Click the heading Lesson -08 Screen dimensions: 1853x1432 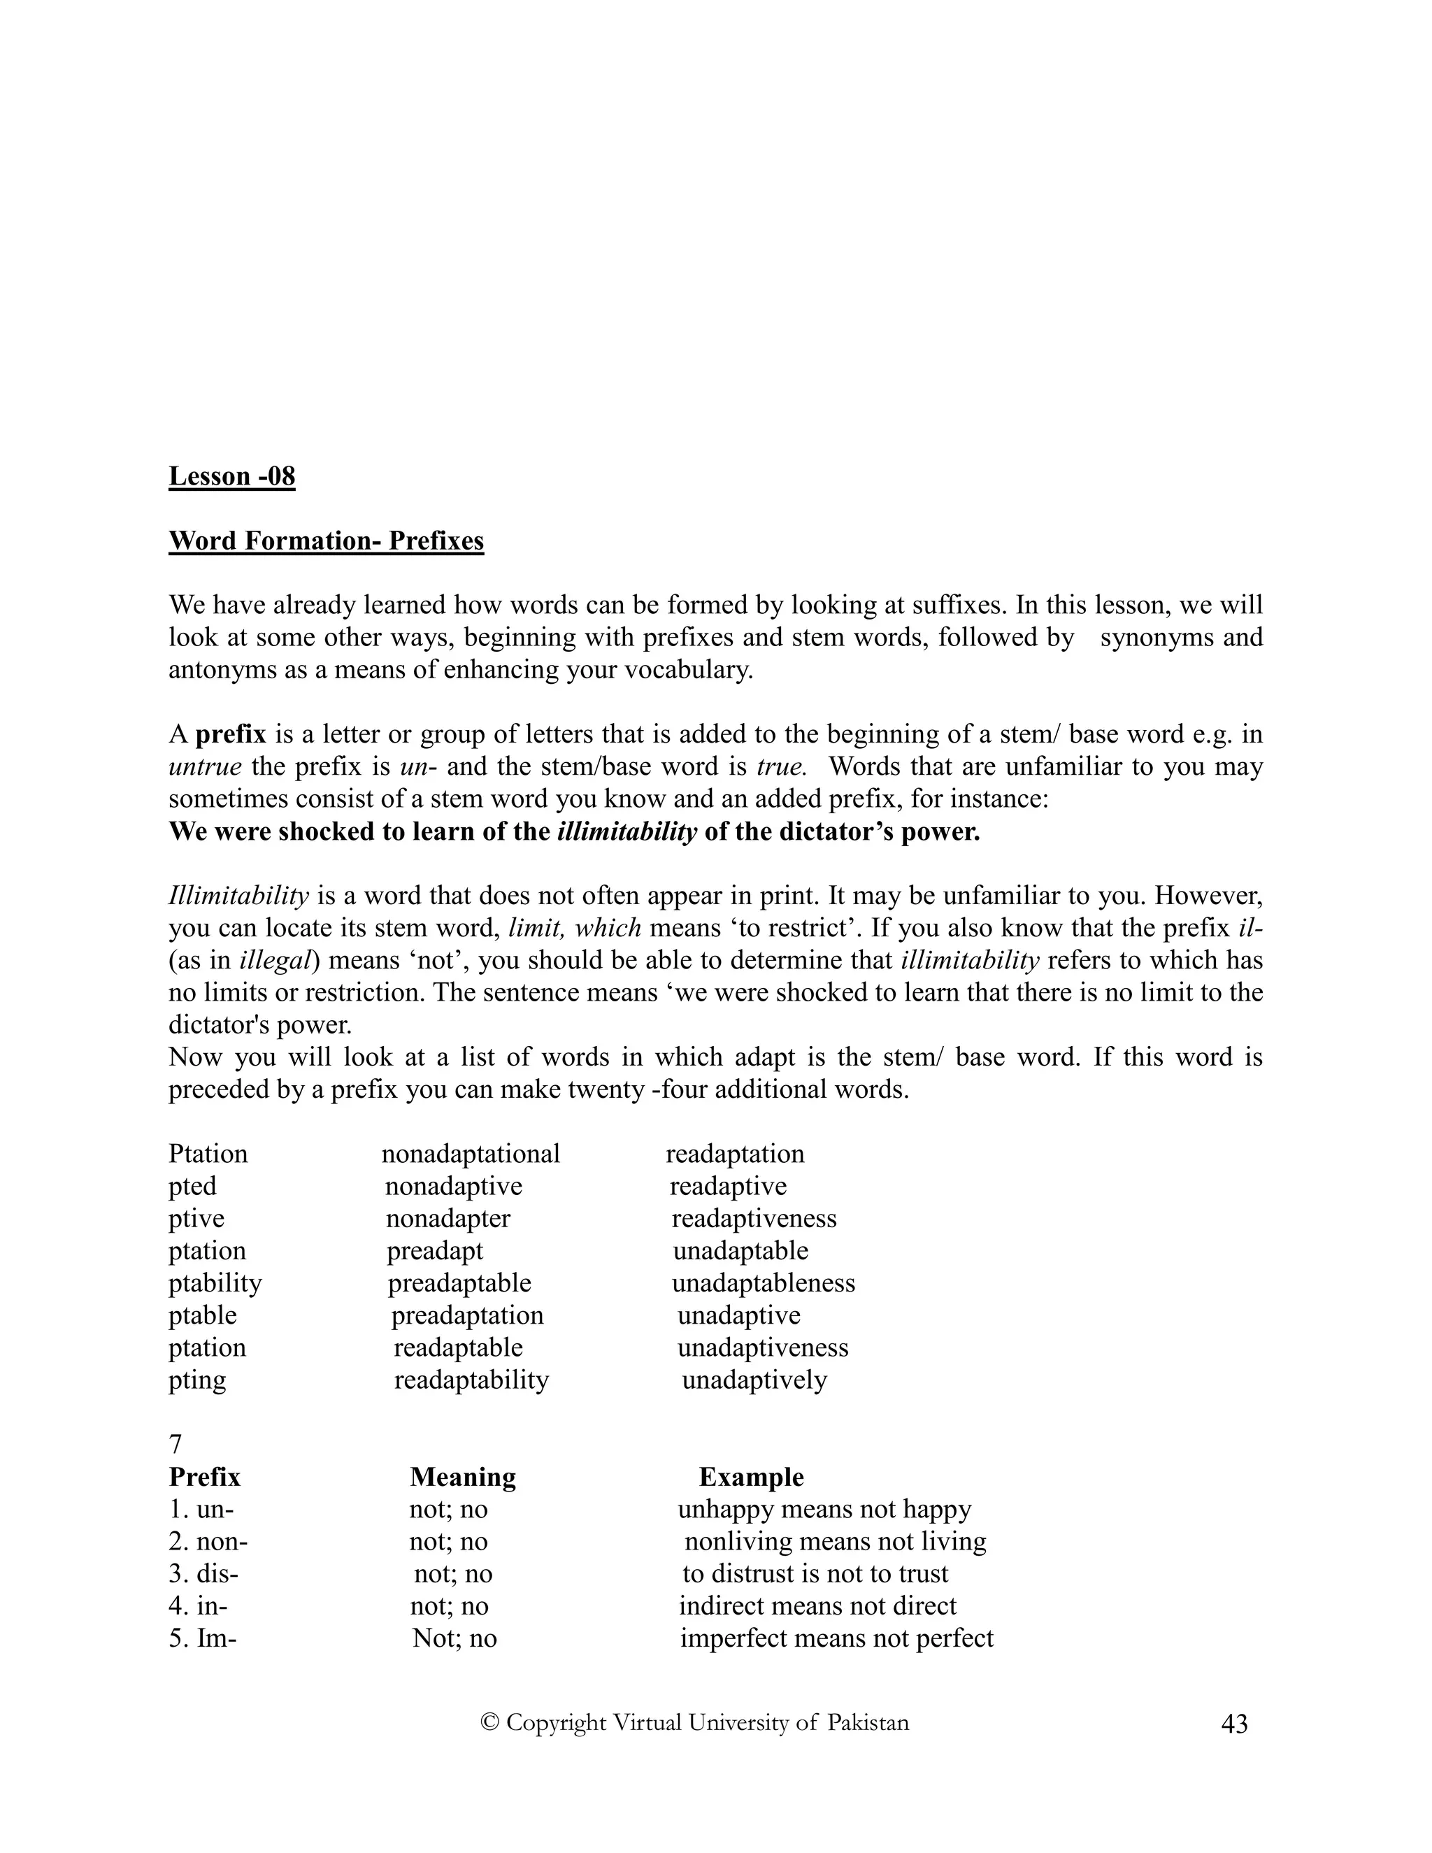(x=231, y=476)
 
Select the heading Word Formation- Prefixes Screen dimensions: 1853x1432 (x=326, y=541)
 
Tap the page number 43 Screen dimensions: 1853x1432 (x=1234, y=1724)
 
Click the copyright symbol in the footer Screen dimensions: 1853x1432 (x=489, y=1722)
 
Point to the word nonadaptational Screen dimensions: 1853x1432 (x=470, y=1154)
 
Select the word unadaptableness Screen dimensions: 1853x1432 (x=763, y=1283)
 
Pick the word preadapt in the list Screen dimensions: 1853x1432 (x=434, y=1251)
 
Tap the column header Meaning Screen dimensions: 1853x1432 (x=462, y=1477)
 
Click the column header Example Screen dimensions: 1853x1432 (x=751, y=1477)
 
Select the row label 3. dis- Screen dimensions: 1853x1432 (x=203, y=1574)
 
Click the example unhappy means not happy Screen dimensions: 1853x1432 (x=824, y=1510)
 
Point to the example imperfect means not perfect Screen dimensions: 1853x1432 (x=836, y=1638)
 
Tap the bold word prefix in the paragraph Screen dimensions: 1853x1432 (x=231, y=734)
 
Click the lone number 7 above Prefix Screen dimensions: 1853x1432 (x=176, y=1444)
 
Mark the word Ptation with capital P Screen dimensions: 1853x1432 (x=208, y=1154)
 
